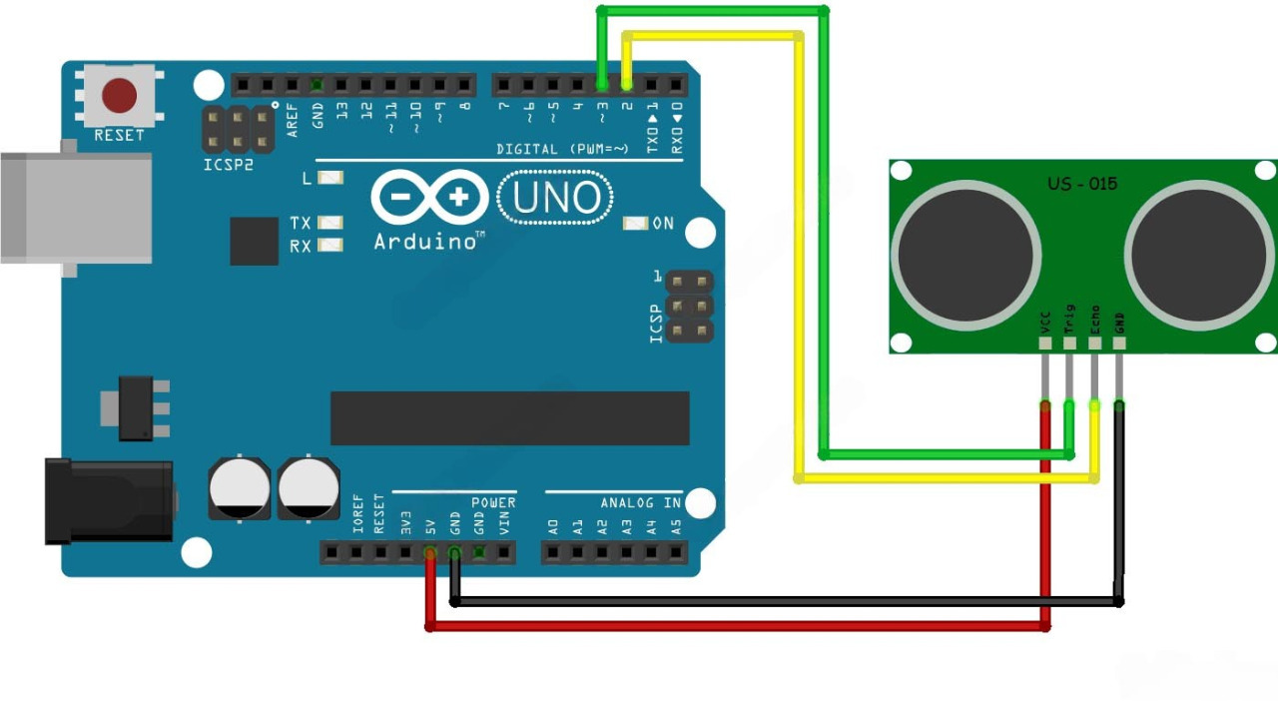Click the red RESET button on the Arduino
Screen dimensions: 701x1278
point(119,96)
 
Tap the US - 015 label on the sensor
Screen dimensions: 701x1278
point(1082,184)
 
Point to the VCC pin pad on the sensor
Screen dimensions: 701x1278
point(1045,345)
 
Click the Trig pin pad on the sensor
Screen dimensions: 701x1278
point(1069,345)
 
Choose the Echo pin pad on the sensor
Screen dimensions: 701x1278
point(1094,345)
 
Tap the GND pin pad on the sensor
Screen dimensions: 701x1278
point(1118,345)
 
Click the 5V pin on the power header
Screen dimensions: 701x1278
point(430,552)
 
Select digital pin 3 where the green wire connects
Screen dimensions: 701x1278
point(602,84)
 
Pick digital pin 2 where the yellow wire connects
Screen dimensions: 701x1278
point(627,84)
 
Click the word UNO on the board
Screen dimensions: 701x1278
point(557,198)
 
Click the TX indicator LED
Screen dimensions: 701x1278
point(329,223)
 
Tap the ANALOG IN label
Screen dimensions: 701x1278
point(640,502)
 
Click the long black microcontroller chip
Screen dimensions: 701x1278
point(509,417)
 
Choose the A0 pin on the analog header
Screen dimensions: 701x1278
point(553,552)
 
